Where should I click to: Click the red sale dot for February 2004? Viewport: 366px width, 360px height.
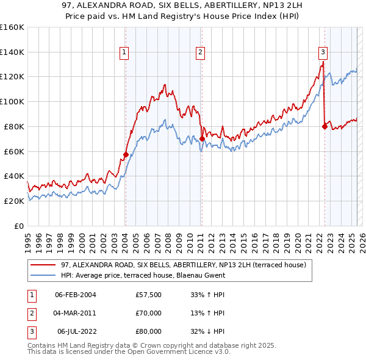(x=126, y=154)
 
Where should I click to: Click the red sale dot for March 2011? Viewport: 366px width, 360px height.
(x=201, y=139)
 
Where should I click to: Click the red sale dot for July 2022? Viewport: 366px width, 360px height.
(x=324, y=126)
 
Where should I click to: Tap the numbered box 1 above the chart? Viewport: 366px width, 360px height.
(x=124, y=52)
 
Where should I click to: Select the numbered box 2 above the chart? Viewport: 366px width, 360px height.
(x=200, y=52)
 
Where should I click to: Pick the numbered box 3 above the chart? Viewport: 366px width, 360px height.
(x=323, y=52)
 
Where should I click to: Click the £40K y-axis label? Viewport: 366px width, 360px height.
(x=14, y=176)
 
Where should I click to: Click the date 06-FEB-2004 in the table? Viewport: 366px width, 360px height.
(x=75, y=295)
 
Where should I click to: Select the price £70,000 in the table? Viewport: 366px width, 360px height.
(x=149, y=313)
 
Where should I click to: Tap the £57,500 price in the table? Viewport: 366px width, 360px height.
(x=149, y=295)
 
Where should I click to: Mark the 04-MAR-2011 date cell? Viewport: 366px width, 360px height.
(x=75, y=313)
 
